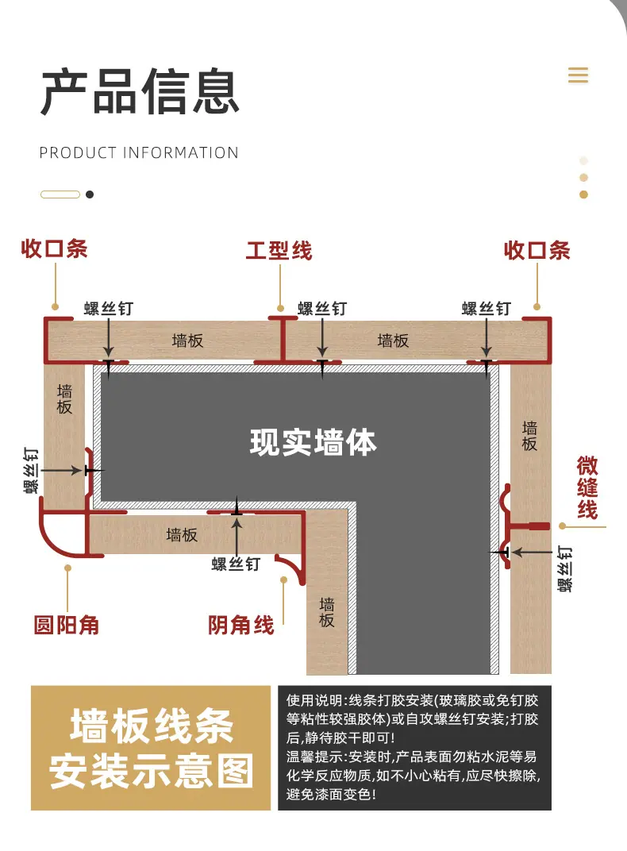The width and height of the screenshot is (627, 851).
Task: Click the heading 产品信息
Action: click(x=140, y=91)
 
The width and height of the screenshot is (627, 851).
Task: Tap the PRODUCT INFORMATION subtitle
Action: click(x=139, y=153)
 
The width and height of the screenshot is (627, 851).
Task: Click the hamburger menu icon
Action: click(x=578, y=75)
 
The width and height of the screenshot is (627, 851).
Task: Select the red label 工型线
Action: click(x=279, y=251)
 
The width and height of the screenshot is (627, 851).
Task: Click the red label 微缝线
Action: click(x=587, y=487)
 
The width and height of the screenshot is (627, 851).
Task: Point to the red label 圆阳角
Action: click(x=67, y=626)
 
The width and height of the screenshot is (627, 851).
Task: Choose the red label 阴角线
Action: click(x=240, y=626)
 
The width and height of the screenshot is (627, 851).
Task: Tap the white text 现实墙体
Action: click(x=313, y=442)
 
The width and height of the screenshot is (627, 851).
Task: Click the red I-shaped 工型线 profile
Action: click(x=283, y=341)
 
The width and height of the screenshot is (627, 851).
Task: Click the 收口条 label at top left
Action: click(x=54, y=249)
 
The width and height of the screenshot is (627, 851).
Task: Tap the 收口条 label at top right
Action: click(x=537, y=251)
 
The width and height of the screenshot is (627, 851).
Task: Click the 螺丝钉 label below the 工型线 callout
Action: click(x=322, y=309)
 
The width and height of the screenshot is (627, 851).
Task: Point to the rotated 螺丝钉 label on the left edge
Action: click(x=31, y=471)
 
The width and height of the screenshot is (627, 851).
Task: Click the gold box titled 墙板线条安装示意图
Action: click(x=151, y=748)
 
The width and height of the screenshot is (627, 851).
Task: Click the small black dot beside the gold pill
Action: click(x=90, y=194)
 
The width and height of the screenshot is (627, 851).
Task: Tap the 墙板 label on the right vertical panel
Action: click(x=529, y=436)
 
